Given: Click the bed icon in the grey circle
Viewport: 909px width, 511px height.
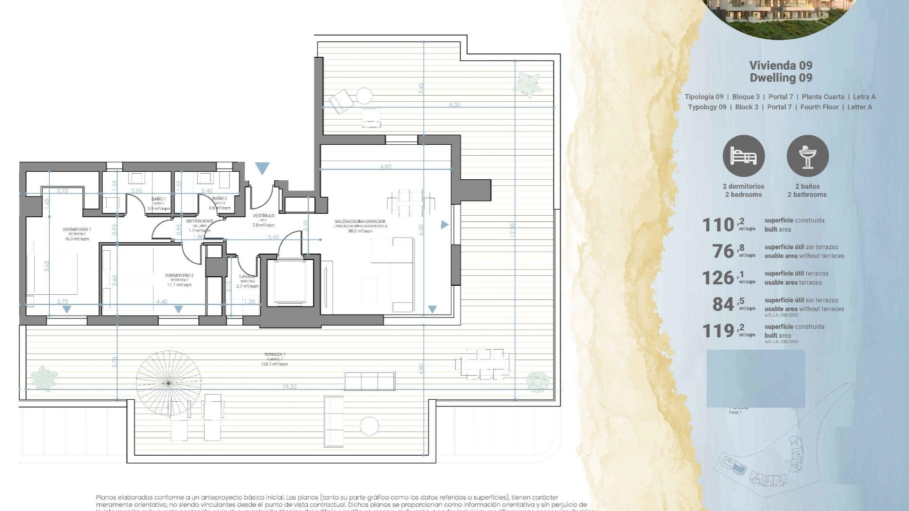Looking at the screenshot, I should click(x=743, y=156).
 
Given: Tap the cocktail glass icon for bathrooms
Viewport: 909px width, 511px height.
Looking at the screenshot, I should click(x=807, y=156).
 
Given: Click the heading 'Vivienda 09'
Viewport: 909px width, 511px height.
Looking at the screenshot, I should click(x=781, y=65).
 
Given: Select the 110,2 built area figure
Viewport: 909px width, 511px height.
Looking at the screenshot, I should click(x=722, y=225).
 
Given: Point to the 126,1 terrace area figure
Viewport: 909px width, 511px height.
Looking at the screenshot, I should click(x=722, y=278).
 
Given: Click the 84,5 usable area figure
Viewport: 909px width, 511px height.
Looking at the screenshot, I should click(x=727, y=304).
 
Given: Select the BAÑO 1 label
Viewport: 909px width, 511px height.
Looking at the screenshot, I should click(x=158, y=199).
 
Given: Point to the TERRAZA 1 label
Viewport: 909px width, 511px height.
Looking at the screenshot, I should click(x=275, y=354).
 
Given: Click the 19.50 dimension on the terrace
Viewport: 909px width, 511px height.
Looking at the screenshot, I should click(x=289, y=387).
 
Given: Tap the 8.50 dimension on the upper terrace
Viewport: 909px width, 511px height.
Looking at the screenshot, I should click(x=454, y=105).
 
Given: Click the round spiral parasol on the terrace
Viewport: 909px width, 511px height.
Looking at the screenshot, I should click(x=169, y=382).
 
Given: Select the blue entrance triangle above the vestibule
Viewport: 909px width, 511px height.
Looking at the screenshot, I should click(x=262, y=167).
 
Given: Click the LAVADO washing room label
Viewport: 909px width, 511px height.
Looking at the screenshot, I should click(x=247, y=276).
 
